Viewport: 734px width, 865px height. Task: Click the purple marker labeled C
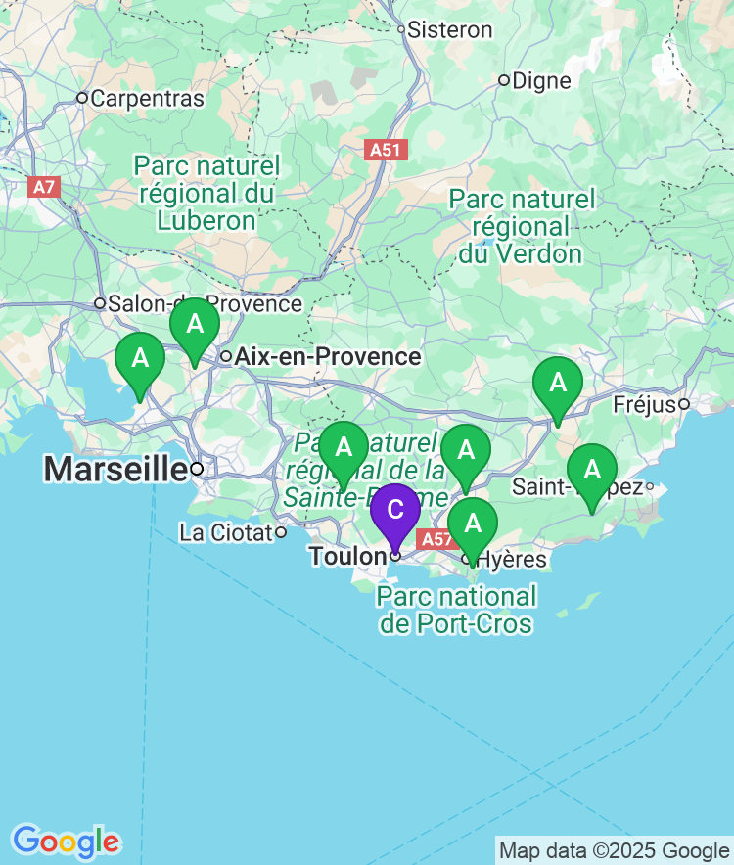[x=395, y=511]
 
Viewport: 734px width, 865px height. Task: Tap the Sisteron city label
[x=449, y=30]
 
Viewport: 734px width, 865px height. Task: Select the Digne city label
[x=541, y=80]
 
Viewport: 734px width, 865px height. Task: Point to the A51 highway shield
[x=387, y=150]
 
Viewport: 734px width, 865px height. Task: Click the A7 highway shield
[x=43, y=186]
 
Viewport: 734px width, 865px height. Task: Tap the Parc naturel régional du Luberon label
[x=207, y=193]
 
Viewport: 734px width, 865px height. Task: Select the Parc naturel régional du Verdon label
[x=522, y=226]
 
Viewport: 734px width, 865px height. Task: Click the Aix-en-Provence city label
[x=327, y=356]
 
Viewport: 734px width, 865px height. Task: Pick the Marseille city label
[x=115, y=469]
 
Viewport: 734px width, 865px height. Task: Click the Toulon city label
[x=347, y=556]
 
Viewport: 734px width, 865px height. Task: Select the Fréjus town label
[x=645, y=404]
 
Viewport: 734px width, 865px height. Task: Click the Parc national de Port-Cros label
[x=457, y=610]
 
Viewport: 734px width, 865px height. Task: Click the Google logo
[x=66, y=841]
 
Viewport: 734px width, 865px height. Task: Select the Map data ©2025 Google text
[x=614, y=850]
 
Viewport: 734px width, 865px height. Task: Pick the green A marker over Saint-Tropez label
[x=592, y=470]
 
